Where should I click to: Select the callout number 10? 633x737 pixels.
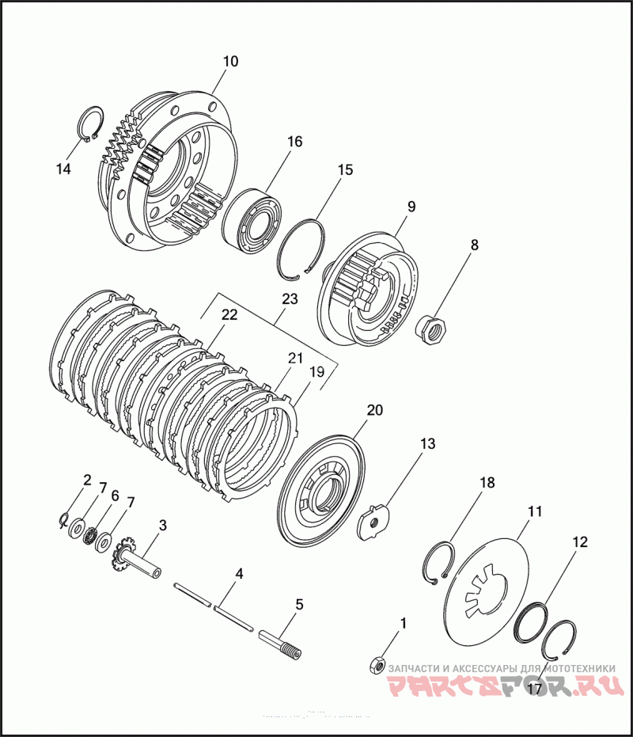click(230, 61)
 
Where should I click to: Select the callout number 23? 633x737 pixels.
click(289, 300)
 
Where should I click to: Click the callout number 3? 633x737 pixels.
click(163, 525)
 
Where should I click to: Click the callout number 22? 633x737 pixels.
click(229, 314)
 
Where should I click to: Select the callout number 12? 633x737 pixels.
click(580, 542)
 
